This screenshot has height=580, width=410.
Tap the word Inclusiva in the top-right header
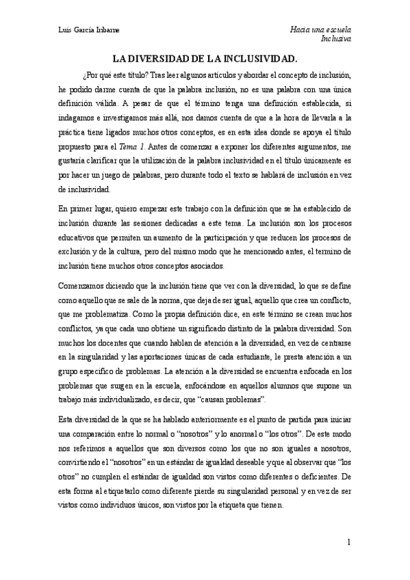(336, 40)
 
